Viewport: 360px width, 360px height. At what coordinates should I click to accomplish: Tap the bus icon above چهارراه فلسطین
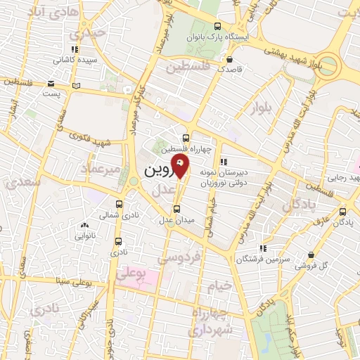click(x=186, y=138)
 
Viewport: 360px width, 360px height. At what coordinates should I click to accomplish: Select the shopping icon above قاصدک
click(x=229, y=59)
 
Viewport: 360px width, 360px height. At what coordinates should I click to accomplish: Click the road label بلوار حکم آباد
click(x=290, y=330)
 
